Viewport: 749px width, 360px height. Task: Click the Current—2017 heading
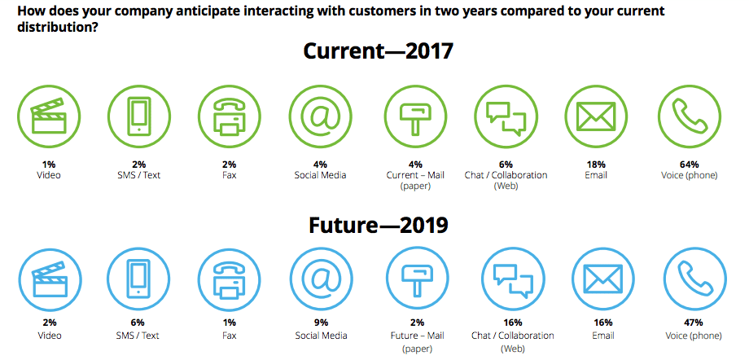(x=378, y=50)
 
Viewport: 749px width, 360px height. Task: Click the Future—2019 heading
(x=378, y=224)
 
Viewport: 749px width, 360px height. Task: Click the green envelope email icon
(x=596, y=118)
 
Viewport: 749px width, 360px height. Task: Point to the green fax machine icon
(x=230, y=118)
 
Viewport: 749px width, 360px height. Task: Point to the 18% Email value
(x=596, y=164)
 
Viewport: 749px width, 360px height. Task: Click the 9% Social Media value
(x=320, y=324)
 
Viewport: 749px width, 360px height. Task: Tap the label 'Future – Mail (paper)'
(x=417, y=341)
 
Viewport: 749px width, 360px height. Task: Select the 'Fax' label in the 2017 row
(x=230, y=175)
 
